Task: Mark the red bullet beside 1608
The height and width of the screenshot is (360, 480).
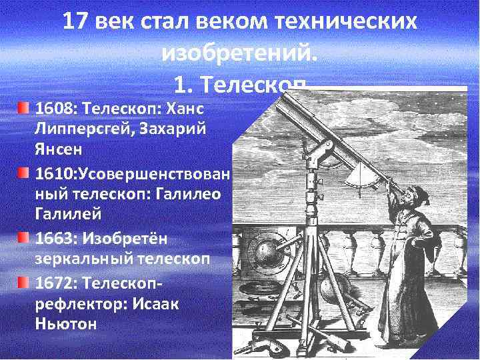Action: pyautogui.click(x=23, y=107)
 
